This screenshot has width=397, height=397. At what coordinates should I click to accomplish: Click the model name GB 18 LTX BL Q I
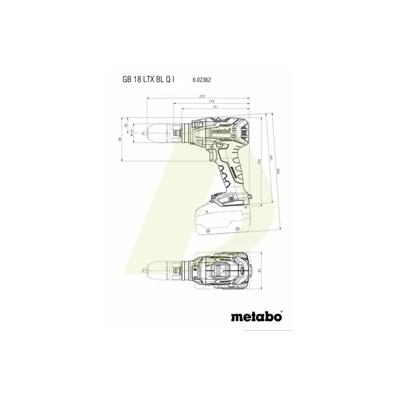click(x=149, y=81)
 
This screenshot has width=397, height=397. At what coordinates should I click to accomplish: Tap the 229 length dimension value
click(x=202, y=97)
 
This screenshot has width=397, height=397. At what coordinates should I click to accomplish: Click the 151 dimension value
click(x=216, y=107)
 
